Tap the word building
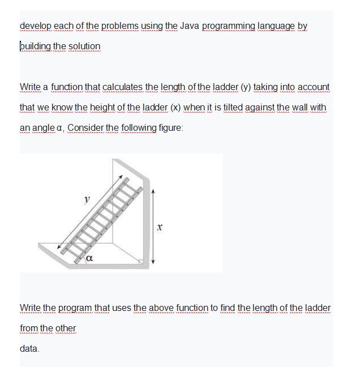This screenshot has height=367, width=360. (x=36, y=46)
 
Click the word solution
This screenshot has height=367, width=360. (x=85, y=46)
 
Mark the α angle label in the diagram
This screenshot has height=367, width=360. (x=89, y=259)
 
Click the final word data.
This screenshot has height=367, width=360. (x=29, y=348)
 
